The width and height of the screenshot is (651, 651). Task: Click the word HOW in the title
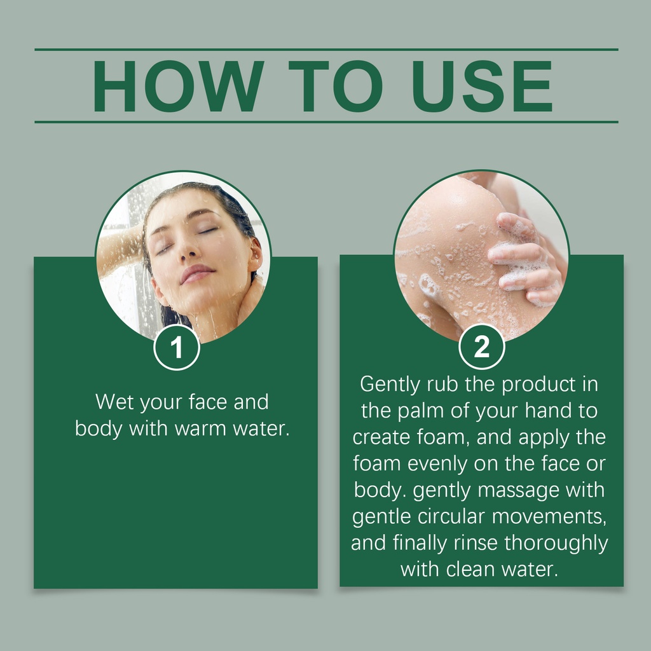click(178, 86)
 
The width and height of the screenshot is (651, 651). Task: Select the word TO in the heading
click(336, 86)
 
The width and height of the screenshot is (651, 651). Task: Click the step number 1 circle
click(177, 347)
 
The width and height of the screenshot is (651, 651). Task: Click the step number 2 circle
click(482, 346)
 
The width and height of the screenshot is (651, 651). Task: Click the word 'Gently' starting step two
click(390, 385)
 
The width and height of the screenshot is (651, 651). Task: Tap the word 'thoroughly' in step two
click(556, 544)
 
